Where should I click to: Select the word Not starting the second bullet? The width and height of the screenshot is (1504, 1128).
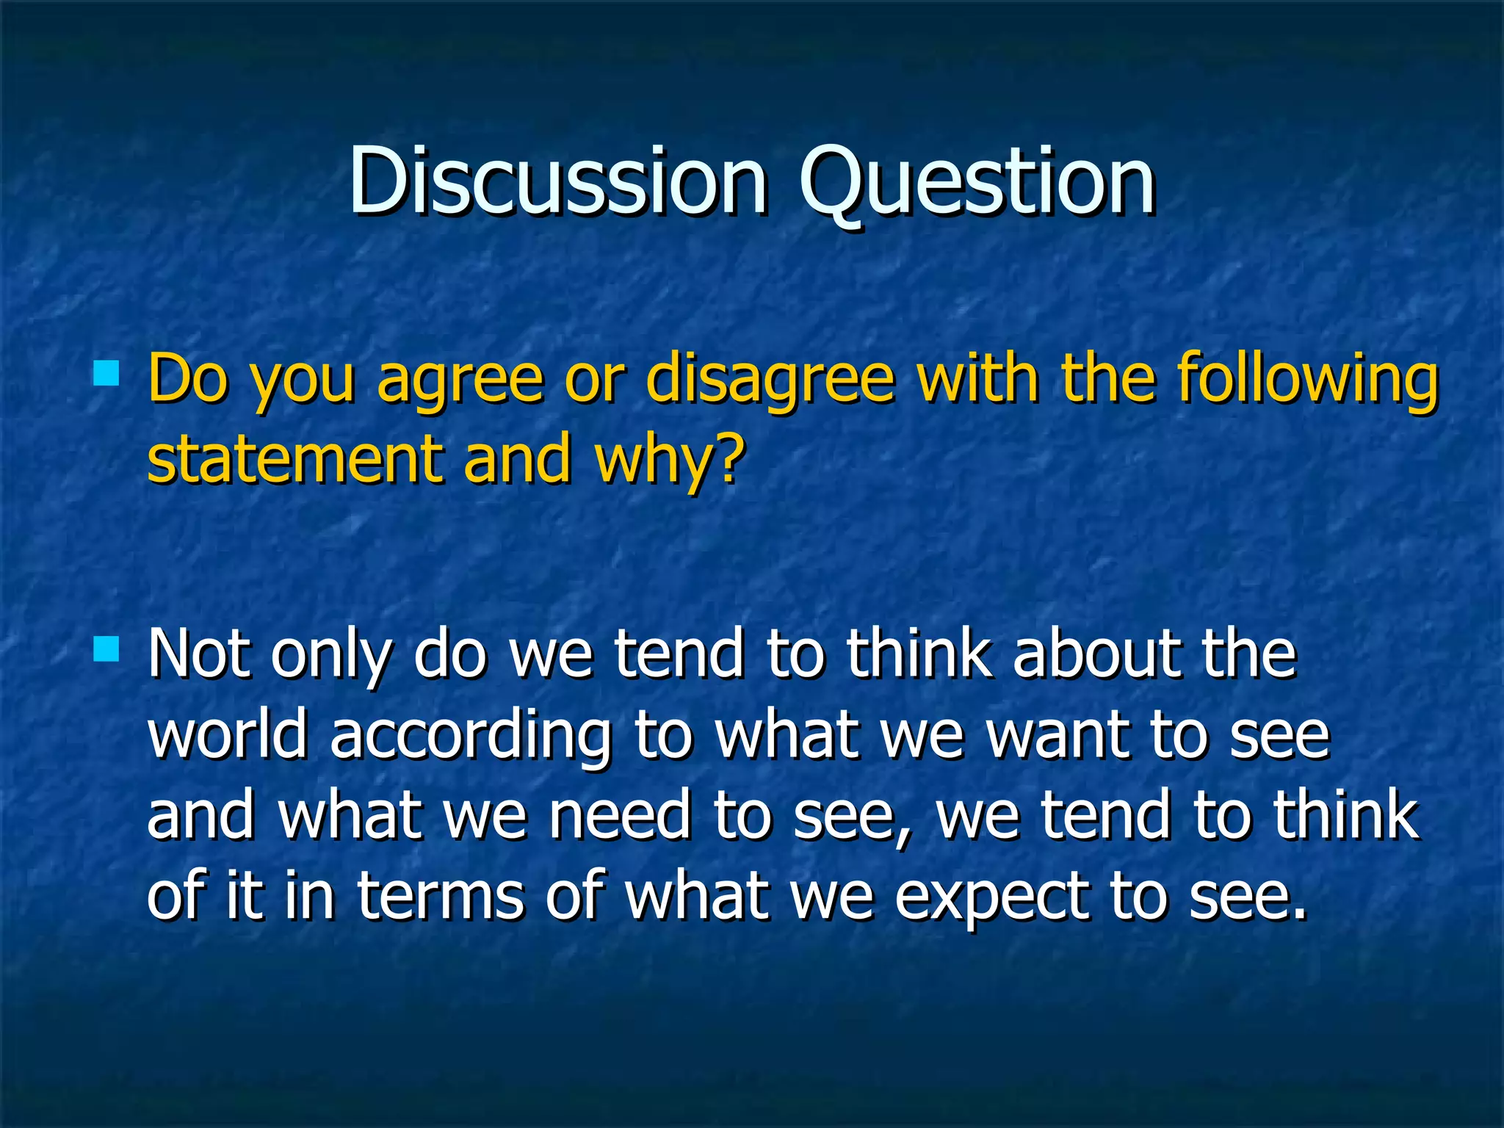click(x=198, y=654)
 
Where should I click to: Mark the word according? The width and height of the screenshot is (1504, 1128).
click(x=470, y=737)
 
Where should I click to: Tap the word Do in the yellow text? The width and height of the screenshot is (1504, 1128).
click(x=187, y=379)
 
